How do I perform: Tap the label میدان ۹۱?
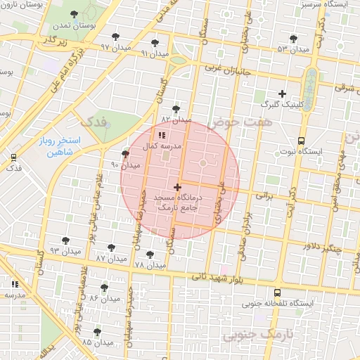pyautogui.click(x=155, y=53)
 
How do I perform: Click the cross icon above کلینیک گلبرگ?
pyautogui.click(x=282, y=94)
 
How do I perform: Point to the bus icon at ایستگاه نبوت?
pyautogui.click(x=301, y=140)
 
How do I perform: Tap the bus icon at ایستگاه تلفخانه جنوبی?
pyautogui.click(x=277, y=292)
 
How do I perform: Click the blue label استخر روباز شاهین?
pyautogui.click(x=60, y=146)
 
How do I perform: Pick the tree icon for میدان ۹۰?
pyautogui.click(x=125, y=154)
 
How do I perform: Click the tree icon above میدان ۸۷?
pyautogui.click(x=111, y=247)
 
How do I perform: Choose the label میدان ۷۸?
pyautogui.click(x=149, y=265)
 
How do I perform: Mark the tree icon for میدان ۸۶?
pyautogui.click(x=104, y=288)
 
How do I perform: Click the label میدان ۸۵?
pyautogui.click(x=97, y=342)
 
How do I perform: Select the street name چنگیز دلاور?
pyautogui.click(x=322, y=247)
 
